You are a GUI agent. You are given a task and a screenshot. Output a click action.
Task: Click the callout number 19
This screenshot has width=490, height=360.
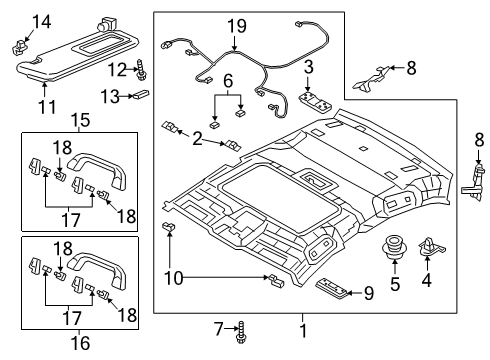(x=237, y=26)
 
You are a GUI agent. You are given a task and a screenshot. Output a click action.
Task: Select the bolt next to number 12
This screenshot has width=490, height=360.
(x=140, y=70)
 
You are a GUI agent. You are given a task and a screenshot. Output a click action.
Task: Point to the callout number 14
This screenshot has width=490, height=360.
(x=42, y=22)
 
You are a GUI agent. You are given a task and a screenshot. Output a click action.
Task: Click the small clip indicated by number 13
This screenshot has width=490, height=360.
(x=142, y=95)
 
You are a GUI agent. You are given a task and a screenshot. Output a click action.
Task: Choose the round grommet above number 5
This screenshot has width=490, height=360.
(x=394, y=247)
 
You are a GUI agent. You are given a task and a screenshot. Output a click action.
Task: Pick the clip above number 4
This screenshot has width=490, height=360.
(x=431, y=247)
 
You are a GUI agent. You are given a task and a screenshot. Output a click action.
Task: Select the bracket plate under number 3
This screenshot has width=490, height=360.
(x=315, y=103)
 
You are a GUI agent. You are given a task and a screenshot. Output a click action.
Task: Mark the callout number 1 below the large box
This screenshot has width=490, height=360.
(x=303, y=331)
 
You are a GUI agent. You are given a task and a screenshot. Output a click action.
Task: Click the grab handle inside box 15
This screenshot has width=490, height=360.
(x=97, y=169)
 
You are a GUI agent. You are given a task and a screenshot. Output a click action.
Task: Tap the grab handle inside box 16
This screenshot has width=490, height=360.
(x=97, y=269)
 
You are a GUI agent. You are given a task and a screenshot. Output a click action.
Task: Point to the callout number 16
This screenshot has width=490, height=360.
(x=81, y=343)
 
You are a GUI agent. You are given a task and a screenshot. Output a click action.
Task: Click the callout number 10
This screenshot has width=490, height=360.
(x=174, y=277)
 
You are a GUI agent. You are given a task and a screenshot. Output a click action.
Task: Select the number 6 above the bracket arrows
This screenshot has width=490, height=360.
(x=228, y=81)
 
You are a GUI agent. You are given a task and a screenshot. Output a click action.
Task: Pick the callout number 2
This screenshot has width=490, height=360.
(x=197, y=138)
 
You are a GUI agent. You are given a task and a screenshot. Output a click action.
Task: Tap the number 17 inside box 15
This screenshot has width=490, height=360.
(x=71, y=220)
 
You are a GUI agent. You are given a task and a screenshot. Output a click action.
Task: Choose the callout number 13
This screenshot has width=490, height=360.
(x=110, y=97)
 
